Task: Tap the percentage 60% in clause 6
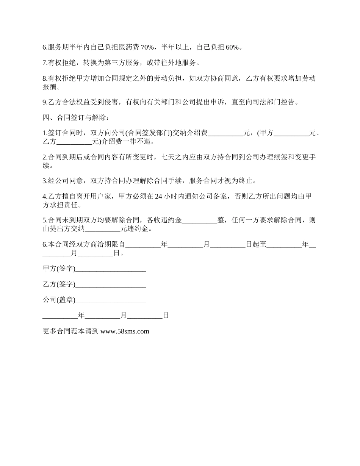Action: coord(232,47)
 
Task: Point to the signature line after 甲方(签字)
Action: coord(111,269)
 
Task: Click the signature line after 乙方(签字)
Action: coord(111,285)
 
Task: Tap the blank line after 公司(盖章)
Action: coord(111,300)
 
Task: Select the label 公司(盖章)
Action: coord(59,300)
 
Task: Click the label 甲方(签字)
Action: coord(59,269)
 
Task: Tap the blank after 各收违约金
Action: coord(200,220)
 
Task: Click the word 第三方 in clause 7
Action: coord(121,63)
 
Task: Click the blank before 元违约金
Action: coord(102,229)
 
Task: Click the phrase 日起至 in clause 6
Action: coord(255,244)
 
